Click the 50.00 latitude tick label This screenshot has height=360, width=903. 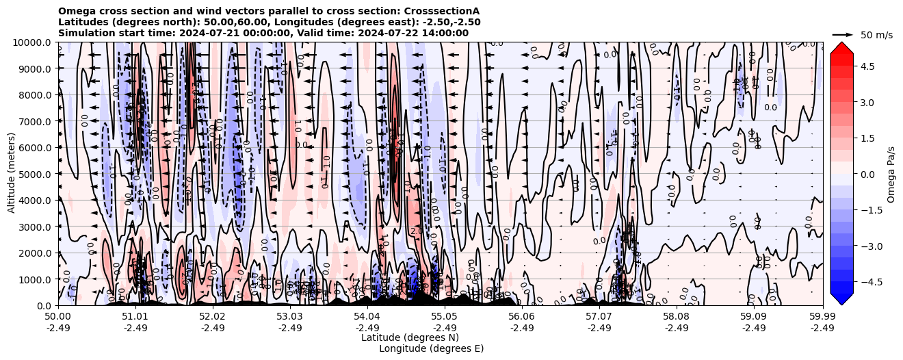[58, 317]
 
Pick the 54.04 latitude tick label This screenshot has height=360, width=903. [367, 317]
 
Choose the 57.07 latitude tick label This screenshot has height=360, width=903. [599, 317]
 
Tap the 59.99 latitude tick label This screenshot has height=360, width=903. [822, 317]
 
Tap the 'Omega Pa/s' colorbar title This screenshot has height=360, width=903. [891, 174]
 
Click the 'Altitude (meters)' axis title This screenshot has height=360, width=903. [12, 174]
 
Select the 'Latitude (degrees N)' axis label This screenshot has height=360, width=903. [410, 337]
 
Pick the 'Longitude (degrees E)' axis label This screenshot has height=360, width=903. [431, 348]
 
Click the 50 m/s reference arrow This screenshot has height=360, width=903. [842, 34]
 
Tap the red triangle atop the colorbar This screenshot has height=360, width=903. [841, 47]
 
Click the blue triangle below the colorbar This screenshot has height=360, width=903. [841, 299]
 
